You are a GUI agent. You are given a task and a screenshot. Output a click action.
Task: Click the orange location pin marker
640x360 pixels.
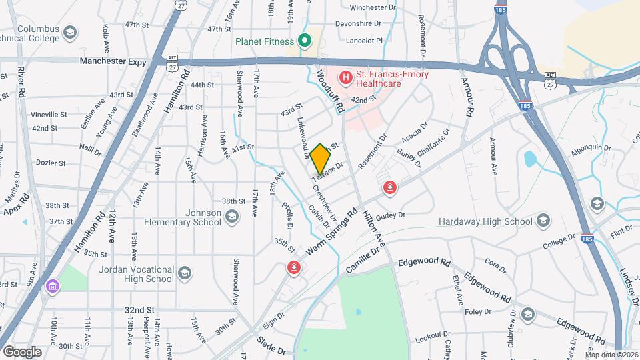320,158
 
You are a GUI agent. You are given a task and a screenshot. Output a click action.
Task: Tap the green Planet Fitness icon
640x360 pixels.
305,41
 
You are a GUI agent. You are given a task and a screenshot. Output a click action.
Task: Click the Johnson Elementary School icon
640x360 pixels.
231,217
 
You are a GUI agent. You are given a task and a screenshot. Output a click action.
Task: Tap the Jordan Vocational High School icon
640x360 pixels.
184,273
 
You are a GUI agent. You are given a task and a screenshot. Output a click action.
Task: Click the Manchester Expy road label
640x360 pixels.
113,61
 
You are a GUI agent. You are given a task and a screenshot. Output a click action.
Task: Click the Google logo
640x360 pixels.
21,351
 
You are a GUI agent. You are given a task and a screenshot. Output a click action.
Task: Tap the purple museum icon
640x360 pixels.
52,287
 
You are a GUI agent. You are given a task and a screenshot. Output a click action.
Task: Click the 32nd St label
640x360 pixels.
139,310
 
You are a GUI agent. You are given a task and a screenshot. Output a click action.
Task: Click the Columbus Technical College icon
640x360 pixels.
69,32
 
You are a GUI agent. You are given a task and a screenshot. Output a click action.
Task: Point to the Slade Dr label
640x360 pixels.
272,350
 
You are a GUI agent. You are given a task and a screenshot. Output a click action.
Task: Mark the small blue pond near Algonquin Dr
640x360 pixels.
531,159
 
